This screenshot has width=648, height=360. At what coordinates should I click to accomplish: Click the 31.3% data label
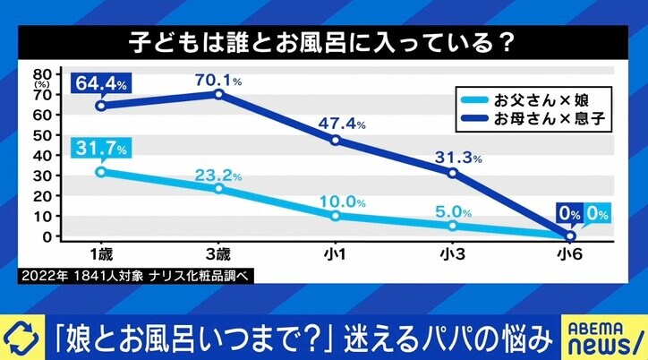(458, 157)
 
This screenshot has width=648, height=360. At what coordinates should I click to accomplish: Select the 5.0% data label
(456, 212)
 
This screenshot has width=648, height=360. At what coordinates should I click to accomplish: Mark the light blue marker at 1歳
(101, 171)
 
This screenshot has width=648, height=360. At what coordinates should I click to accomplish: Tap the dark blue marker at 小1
(336, 140)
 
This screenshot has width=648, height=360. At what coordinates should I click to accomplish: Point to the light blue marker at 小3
(453, 226)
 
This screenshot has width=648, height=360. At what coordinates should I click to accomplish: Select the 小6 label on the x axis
(570, 254)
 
